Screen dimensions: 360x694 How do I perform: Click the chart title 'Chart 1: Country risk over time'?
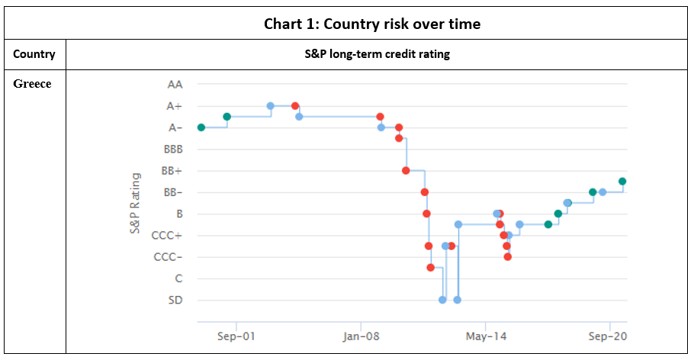pos(372,24)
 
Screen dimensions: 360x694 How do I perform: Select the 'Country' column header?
pos(34,54)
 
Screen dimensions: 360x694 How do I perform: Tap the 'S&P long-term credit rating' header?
pos(378,54)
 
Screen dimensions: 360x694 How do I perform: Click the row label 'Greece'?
pos(33,84)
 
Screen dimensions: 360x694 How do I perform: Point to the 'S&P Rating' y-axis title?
pos(136,203)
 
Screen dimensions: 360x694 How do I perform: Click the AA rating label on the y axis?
pos(175,85)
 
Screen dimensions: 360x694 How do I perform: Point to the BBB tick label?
pos(173,149)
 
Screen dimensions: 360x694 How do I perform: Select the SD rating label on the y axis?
pos(175,300)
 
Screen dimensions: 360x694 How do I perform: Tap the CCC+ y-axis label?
pos(168,236)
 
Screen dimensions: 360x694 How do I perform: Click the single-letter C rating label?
pos(178,278)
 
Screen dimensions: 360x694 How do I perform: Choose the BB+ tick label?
pos(172,171)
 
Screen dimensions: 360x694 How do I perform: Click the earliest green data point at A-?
pos(201,127)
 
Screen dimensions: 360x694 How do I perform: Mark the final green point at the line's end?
pos(622,182)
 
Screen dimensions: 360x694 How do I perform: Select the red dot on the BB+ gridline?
pos(406,171)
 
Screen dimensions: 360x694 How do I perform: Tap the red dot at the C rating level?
pos(431,268)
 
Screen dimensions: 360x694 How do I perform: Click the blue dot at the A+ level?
pos(271,106)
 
